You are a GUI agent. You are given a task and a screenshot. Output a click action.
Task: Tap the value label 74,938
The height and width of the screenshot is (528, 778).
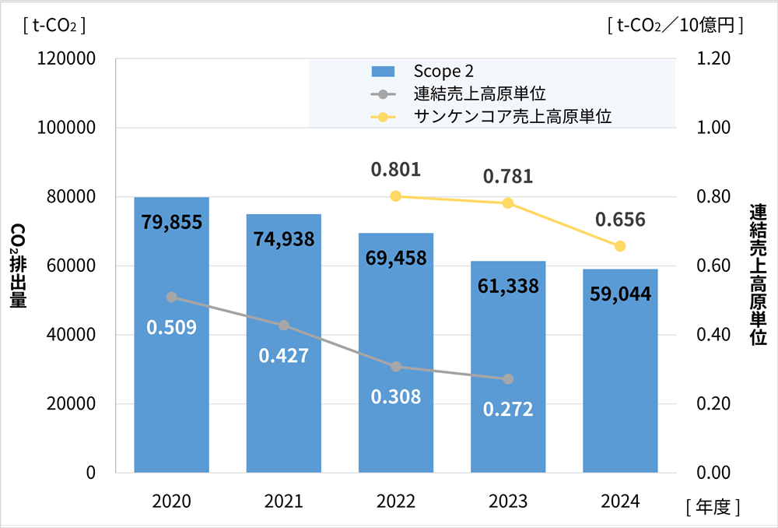[284, 239]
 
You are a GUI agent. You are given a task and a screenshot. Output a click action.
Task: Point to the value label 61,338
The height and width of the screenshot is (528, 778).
[508, 286]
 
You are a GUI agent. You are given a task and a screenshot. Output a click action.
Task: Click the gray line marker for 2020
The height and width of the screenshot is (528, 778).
[171, 297]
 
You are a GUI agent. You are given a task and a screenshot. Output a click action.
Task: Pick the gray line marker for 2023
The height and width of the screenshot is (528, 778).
[508, 379]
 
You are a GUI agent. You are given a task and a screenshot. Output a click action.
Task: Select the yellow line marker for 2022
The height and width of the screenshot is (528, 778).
[396, 196]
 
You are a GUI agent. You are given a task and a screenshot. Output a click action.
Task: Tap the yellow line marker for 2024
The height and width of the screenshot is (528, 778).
[620, 246]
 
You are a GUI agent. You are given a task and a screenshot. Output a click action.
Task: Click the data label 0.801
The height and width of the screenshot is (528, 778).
[396, 169]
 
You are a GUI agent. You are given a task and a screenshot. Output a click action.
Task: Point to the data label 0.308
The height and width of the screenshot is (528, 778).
[396, 396]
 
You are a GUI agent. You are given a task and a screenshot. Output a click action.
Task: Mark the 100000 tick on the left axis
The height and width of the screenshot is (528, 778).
[66, 128]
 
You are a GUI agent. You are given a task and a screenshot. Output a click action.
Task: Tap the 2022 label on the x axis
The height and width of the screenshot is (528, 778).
[396, 502]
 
